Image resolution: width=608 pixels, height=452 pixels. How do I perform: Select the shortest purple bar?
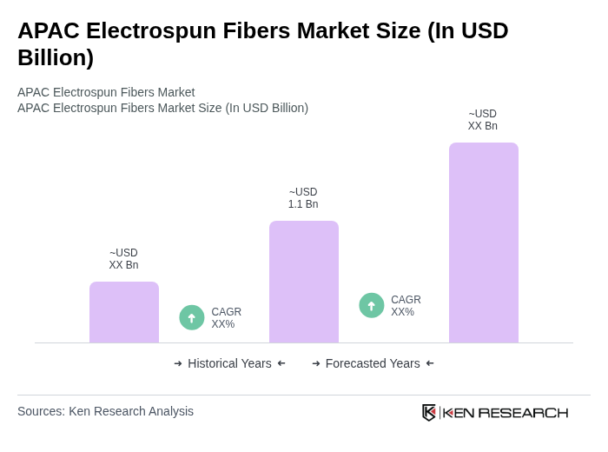[124, 312]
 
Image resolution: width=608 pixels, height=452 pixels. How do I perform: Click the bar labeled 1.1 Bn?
[303, 282]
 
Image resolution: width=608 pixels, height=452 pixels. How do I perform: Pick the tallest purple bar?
[483, 243]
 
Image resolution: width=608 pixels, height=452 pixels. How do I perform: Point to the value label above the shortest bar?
[124, 259]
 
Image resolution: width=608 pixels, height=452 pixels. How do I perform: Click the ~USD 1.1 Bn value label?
[303, 198]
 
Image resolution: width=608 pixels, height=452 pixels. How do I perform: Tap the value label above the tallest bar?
[483, 120]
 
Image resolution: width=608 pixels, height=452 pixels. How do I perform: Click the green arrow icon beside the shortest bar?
[192, 318]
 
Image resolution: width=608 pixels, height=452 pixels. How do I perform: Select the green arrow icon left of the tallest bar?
[372, 306]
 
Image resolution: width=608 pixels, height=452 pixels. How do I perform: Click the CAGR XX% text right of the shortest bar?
[226, 318]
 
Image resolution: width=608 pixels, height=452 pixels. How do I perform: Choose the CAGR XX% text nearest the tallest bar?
[406, 306]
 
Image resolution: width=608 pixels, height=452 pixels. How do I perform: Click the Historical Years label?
[229, 363]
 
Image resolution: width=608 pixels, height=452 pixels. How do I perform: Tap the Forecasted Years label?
[373, 363]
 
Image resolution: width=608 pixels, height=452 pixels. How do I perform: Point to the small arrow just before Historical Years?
[178, 363]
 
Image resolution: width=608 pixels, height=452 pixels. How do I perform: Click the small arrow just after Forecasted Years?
[430, 363]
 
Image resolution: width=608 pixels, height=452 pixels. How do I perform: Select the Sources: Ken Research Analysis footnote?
[105, 411]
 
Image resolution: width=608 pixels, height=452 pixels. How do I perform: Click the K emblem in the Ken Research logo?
[429, 412]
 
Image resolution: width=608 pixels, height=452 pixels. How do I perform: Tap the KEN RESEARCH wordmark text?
[506, 412]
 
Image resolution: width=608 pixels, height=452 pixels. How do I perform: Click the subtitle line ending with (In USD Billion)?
[162, 108]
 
